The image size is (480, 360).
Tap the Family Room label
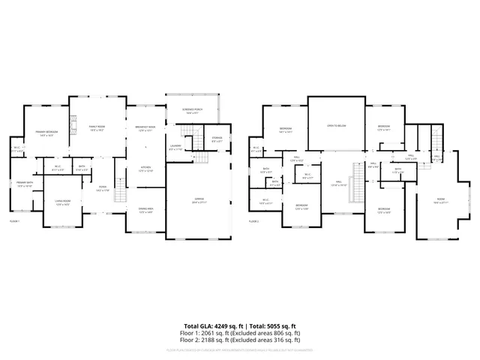96,127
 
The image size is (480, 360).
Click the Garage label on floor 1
198,199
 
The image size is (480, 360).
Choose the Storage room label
217,138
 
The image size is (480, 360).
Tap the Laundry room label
175,148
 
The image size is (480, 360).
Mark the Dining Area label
145,210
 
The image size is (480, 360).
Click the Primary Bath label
25,184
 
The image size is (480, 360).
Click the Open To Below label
336,126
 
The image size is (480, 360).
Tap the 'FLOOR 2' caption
253,221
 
